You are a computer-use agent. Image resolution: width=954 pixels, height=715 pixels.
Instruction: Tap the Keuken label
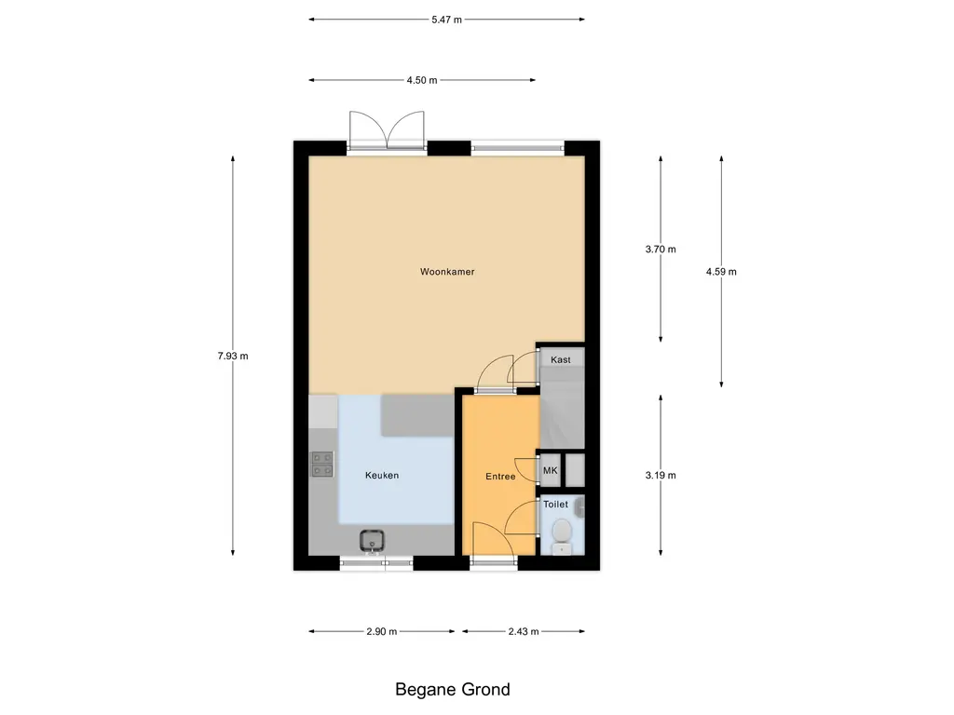pos(382,476)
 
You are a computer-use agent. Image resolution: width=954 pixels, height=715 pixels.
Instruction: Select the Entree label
pos(500,477)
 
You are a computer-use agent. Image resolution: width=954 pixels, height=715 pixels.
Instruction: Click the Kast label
pos(560,359)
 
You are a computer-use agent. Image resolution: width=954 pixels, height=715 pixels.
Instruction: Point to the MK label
pos(550,471)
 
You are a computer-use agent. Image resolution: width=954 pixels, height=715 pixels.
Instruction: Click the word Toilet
pos(555,504)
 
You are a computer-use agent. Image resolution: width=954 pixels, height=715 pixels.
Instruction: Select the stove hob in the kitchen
pos(322,464)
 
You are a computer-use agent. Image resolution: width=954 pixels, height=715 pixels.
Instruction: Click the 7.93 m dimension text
pos(233,356)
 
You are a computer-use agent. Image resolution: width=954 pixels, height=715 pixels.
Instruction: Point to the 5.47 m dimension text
pos(447,19)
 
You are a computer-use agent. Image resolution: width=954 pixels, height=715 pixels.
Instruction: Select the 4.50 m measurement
pos(422,80)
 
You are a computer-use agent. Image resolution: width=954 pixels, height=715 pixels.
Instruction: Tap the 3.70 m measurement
pos(661,249)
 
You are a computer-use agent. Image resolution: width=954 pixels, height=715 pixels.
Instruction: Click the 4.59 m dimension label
pos(721,272)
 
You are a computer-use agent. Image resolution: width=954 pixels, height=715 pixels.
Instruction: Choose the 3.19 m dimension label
pos(661,475)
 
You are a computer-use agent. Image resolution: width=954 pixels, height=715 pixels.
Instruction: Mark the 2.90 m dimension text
pos(382,631)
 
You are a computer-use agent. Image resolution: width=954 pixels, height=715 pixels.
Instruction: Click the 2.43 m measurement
pos(524,631)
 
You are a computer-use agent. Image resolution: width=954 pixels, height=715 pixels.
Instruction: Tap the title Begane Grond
pos(453,690)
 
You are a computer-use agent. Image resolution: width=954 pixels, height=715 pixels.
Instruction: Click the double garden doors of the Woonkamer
pos(388,130)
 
